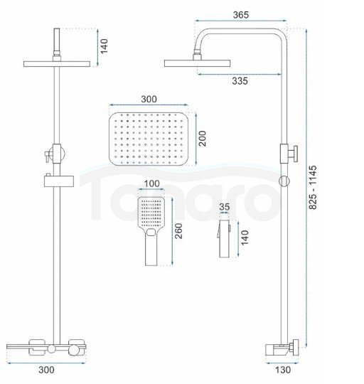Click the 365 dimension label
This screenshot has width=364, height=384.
[x=240, y=15]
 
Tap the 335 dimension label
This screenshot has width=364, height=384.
[x=240, y=81]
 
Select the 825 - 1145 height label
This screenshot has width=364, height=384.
[x=313, y=187]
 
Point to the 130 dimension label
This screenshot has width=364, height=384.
[x=283, y=370]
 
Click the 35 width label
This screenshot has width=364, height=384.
[x=224, y=207]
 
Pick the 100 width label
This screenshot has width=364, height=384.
[x=151, y=183]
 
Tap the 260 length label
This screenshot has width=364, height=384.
[x=178, y=230]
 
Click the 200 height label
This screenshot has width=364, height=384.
[x=202, y=139]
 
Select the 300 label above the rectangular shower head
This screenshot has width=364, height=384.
[x=149, y=99]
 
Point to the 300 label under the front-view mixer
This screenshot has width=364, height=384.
[x=46, y=370]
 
